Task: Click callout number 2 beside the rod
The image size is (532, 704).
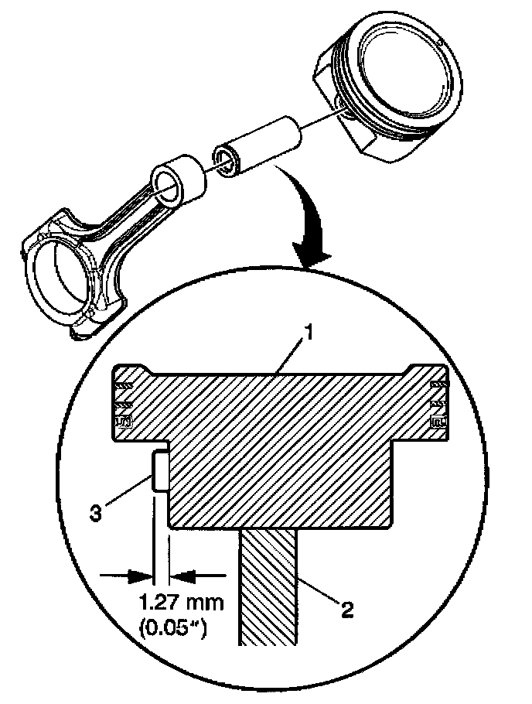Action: pyautogui.click(x=346, y=610)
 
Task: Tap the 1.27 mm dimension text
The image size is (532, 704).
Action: pyautogui.click(x=175, y=602)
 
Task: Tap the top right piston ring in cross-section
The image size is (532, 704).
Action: pyautogui.click(x=437, y=385)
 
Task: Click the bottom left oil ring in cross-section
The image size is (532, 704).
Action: pyautogui.click(x=122, y=422)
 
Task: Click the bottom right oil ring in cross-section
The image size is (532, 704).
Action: pyautogui.click(x=437, y=422)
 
